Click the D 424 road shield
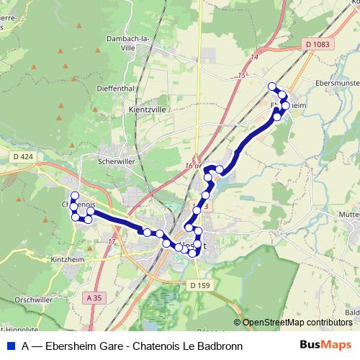coord(23,156)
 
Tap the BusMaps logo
coord(321,345)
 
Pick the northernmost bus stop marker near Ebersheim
coord(272,87)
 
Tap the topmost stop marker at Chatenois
coord(75,196)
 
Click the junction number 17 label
coord(112,240)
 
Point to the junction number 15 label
coord(240,75)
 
